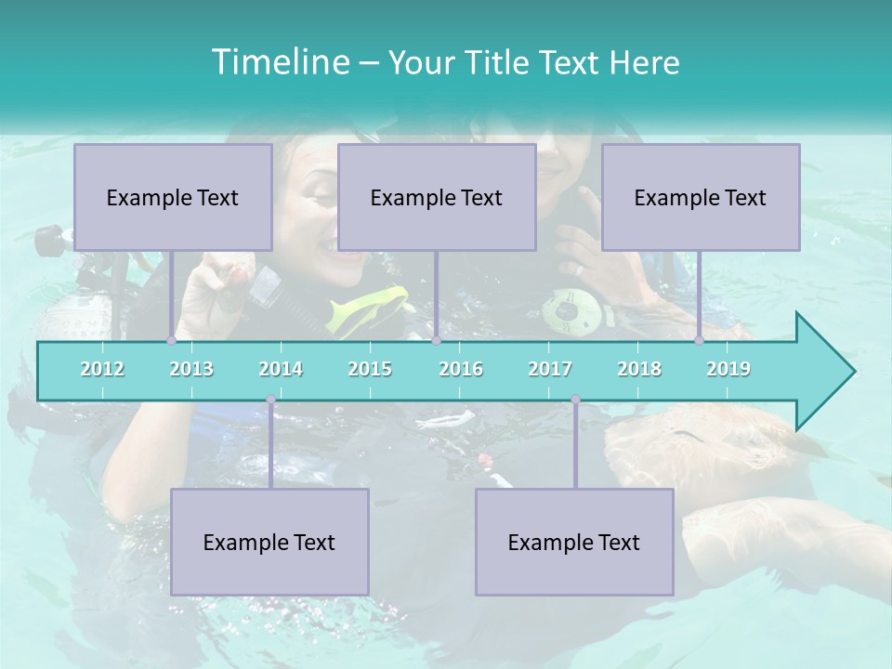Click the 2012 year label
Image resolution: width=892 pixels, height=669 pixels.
pos(102,369)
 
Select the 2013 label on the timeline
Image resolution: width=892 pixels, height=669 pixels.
pos(191,369)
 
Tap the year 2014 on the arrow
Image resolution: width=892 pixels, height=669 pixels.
pos(281,369)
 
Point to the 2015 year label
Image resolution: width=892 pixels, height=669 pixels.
pos(370,369)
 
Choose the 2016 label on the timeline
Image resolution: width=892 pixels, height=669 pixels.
pos(461,369)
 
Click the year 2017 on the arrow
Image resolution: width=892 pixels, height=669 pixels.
pos(550,369)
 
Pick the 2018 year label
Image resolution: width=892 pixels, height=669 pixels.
pos(639,369)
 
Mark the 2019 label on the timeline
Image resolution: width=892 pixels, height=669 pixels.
pos(728,369)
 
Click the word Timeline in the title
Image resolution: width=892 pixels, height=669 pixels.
pos(279,61)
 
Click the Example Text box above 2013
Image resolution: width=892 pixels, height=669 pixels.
pos(173,197)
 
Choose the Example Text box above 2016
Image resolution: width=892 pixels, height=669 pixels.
pos(437,197)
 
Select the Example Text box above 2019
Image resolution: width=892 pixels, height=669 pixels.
pos(701,197)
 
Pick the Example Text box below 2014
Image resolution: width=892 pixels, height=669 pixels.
pos(269,542)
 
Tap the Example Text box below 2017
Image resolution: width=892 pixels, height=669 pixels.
pos(574,542)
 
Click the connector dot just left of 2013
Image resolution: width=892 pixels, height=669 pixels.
pos(172,341)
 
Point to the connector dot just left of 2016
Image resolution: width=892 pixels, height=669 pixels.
pos(436,341)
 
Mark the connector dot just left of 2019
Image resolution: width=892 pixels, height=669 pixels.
pos(700,341)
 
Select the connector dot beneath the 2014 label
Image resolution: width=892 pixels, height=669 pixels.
pos(270,400)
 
